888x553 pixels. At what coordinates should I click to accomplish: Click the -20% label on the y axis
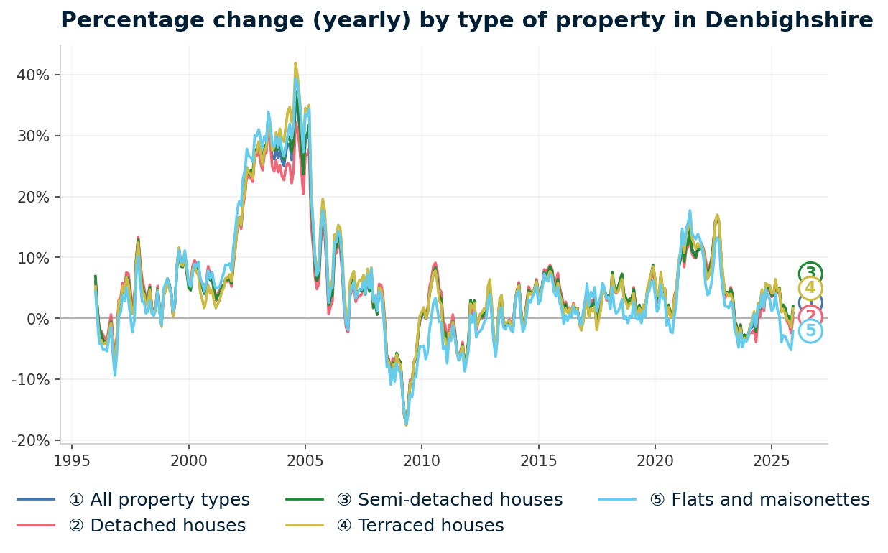[33, 440]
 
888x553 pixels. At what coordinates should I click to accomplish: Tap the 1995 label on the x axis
[73, 459]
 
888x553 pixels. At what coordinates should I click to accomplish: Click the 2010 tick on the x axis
[422, 459]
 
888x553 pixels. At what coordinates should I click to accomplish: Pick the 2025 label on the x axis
[771, 459]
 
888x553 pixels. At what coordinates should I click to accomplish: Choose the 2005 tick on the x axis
[305, 459]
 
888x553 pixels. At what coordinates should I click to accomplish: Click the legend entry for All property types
[159, 500]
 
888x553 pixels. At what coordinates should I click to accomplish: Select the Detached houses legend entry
[157, 526]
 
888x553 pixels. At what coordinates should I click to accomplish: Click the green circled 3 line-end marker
[810, 273]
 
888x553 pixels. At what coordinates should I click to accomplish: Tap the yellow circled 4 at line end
[810, 289]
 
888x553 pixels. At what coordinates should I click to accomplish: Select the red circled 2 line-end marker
[810, 317]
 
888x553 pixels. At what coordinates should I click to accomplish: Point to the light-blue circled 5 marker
[810, 331]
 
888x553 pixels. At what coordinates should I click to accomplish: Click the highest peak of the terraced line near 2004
[295, 63]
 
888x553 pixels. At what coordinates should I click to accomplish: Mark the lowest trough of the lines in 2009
[406, 425]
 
